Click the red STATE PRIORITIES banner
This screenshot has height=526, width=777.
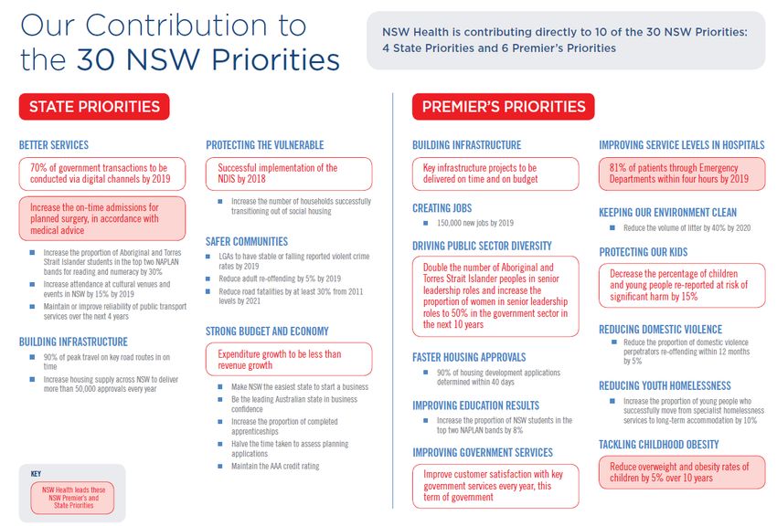coord(94,106)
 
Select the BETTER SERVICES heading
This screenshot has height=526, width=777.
coord(54,145)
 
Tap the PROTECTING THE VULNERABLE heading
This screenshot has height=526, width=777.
coord(265,145)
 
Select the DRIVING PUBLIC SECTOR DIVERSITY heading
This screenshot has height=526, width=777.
coord(482,246)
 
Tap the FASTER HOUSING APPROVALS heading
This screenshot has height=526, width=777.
coord(469,357)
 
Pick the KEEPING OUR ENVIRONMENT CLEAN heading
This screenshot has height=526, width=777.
coord(668,213)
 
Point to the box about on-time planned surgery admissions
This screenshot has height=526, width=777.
coord(101,218)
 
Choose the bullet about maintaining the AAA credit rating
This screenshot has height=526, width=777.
coord(275,467)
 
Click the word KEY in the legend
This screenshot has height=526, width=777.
coord(36,474)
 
